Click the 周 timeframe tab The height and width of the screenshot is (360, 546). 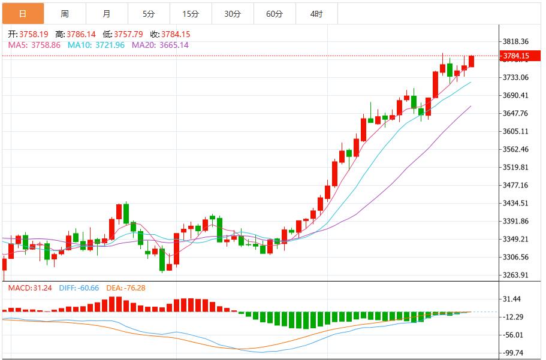[65, 14]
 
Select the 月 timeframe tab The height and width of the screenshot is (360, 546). [107, 14]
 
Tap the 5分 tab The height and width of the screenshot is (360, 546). [149, 14]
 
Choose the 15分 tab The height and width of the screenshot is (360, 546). [191, 14]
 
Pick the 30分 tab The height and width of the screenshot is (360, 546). [233, 14]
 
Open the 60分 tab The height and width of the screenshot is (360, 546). [274, 14]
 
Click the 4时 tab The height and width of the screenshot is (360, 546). [316, 14]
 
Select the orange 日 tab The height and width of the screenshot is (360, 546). [23, 14]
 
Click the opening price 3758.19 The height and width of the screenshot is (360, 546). [33, 35]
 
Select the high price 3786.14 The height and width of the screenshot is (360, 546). [82, 35]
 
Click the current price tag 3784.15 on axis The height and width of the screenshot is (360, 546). [516, 56]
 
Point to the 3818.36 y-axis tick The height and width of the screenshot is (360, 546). [516, 41]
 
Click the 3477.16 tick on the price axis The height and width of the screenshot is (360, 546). [516, 185]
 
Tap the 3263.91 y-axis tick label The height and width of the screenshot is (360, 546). [516, 275]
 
